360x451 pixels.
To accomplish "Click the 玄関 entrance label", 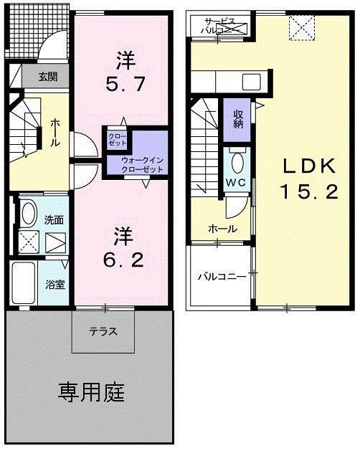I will [x=39, y=76].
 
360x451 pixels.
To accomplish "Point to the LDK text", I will [x=308, y=166].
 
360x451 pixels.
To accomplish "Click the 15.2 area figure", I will [x=308, y=191].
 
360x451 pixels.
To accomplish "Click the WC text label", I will [x=237, y=182].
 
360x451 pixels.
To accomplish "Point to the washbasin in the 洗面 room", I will [x=29, y=213].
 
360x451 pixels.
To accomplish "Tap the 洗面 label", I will [x=54, y=220].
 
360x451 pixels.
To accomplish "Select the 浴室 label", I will [x=55, y=284].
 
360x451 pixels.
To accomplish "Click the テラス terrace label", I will [x=103, y=331].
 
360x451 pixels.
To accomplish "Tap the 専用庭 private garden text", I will [x=91, y=392].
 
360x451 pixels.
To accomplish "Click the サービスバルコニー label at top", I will [x=221, y=27].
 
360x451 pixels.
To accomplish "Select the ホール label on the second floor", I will [x=222, y=229].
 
